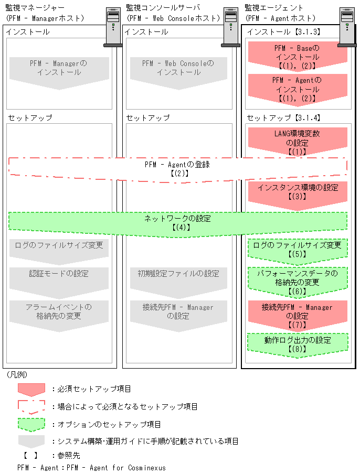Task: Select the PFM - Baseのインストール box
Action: (x=297, y=56)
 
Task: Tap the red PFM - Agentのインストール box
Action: (x=297, y=89)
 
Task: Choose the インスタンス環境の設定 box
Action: (x=297, y=192)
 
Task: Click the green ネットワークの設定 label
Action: (x=177, y=223)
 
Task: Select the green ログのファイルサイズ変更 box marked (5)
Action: (x=297, y=249)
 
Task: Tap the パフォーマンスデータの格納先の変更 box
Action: (x=297, y=282)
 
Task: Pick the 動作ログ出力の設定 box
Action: (x=297, y=344)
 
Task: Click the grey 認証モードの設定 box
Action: (x=59, y=276)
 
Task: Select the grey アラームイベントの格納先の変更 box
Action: (x=59, y=311)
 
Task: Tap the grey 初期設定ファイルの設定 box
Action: (x=178, y=276)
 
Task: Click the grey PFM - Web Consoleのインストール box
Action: (x=178, y=68)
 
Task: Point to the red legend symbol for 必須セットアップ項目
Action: (x=31, y=390)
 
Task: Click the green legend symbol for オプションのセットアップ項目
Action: (x=31, y=425)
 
